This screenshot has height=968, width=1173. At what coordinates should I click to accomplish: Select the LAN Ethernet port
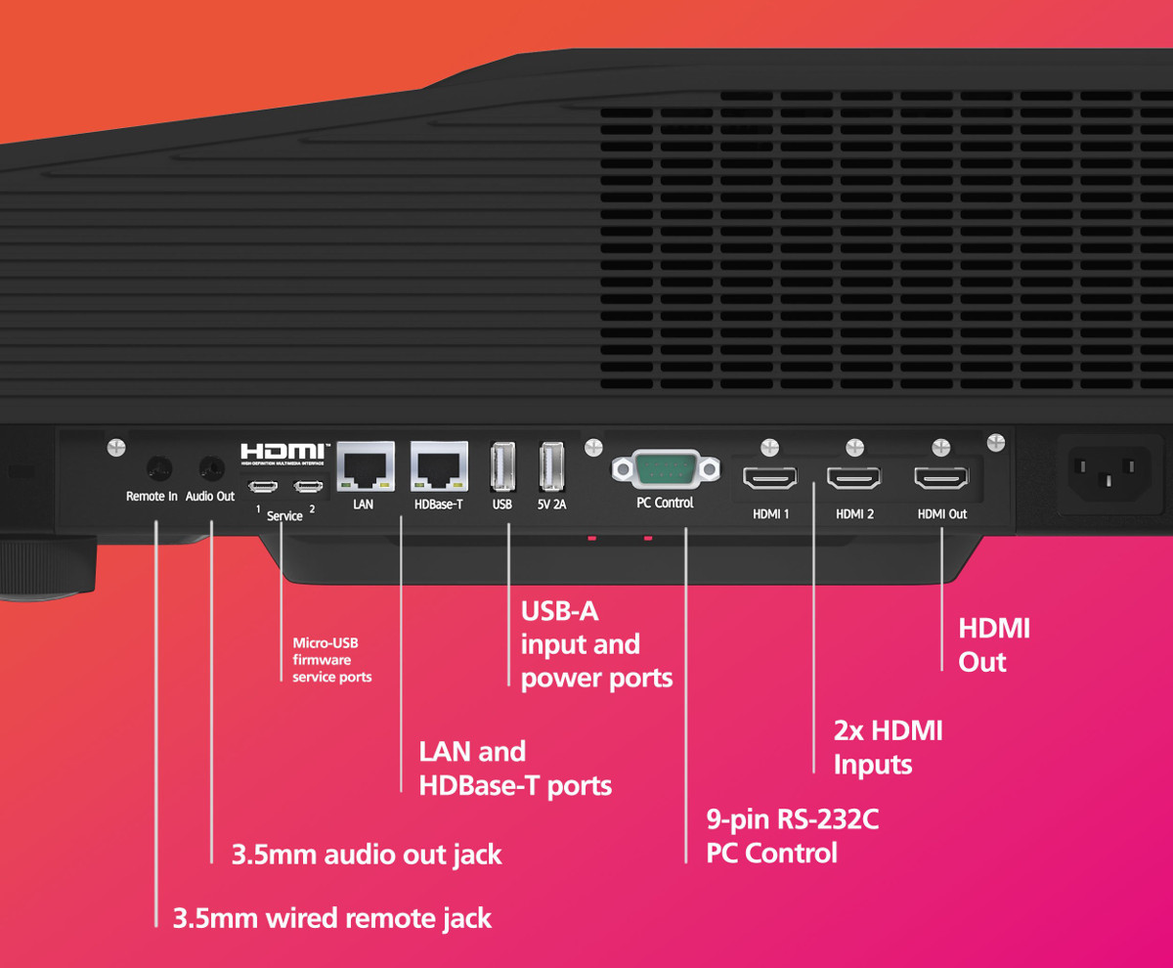point(365,468)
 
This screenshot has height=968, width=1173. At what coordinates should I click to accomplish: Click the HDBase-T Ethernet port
point(438,468)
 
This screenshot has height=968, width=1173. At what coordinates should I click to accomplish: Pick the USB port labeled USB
point(503,466)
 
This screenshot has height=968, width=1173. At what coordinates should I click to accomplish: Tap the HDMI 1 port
point(770,479)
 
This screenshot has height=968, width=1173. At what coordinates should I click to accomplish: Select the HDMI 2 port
point(854,479)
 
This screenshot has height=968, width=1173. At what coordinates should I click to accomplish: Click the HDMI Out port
point(941,479)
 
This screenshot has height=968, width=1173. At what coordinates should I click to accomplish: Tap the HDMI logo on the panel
point(285,454)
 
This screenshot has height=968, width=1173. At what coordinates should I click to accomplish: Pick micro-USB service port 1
point(261,487)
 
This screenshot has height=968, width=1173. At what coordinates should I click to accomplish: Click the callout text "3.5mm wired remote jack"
point(332,918)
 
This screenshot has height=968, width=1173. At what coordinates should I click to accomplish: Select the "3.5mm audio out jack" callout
point(367,854)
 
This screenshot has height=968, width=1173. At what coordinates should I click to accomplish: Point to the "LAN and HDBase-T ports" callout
point(515,769)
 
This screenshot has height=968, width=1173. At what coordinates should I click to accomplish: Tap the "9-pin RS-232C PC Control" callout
point(792,836)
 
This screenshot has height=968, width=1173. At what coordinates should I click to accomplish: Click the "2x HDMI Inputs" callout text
point(887,748)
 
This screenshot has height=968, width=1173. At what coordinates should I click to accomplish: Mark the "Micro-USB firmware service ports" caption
point(332,660)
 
